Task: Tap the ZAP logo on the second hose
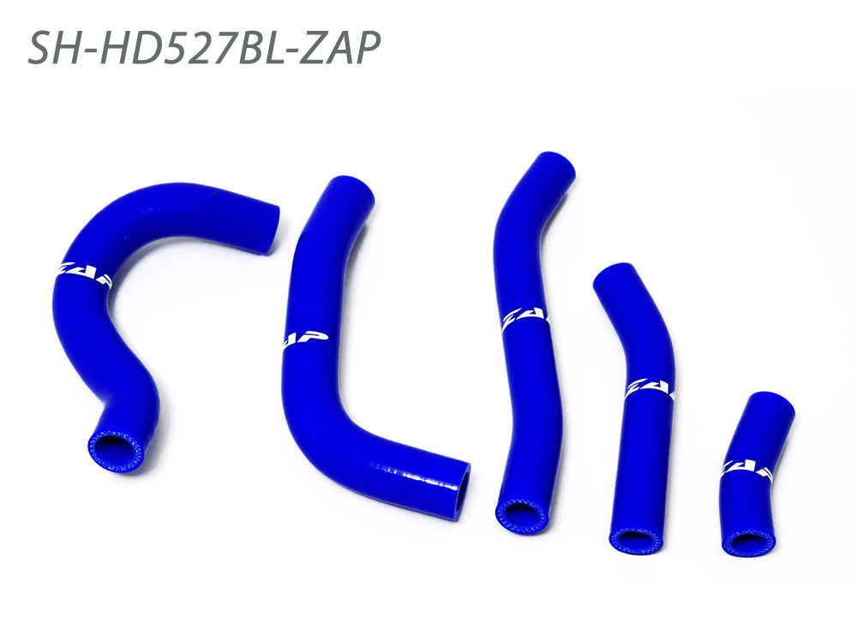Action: pyautogui.click(x=302, y=340)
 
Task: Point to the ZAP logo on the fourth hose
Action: pyautogui.click(x=650, y=388)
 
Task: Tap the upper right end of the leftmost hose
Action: pyautogui.click(x=268, y=229)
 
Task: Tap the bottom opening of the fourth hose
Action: pyautogui.click(x=632, y=541)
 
